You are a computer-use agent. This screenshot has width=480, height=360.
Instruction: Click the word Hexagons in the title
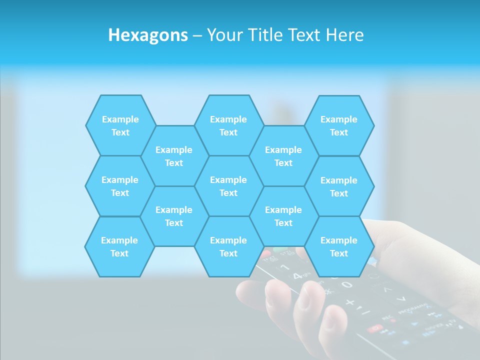(148, 35)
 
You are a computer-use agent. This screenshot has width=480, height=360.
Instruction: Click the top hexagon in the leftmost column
(120, 125)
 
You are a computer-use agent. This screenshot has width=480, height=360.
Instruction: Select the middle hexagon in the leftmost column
(120, 186)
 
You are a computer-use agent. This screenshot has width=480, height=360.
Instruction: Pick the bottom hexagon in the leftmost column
(119, 246)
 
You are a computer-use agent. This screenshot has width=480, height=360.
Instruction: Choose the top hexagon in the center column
(228, 125)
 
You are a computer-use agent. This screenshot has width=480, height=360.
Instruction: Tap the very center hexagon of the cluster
(228, 186)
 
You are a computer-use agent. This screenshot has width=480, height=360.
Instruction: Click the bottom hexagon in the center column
(228, 246)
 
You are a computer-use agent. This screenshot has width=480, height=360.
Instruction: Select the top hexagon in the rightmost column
(339, 125)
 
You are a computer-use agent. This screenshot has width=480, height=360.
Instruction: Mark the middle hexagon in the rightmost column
(339, 186)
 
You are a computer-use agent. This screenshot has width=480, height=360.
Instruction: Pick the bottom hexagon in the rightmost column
(339, 246)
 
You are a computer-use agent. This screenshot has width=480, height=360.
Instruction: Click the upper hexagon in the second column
(174, 156)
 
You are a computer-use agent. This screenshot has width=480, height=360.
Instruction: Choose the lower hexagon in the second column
(174, 216)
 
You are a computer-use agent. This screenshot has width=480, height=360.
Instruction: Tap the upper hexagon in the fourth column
(283, 156)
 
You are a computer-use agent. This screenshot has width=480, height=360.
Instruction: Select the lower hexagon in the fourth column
(283, 216)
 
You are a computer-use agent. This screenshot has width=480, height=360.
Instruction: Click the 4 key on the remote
(297, 275)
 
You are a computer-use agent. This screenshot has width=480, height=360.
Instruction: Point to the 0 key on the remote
(346, 285)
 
